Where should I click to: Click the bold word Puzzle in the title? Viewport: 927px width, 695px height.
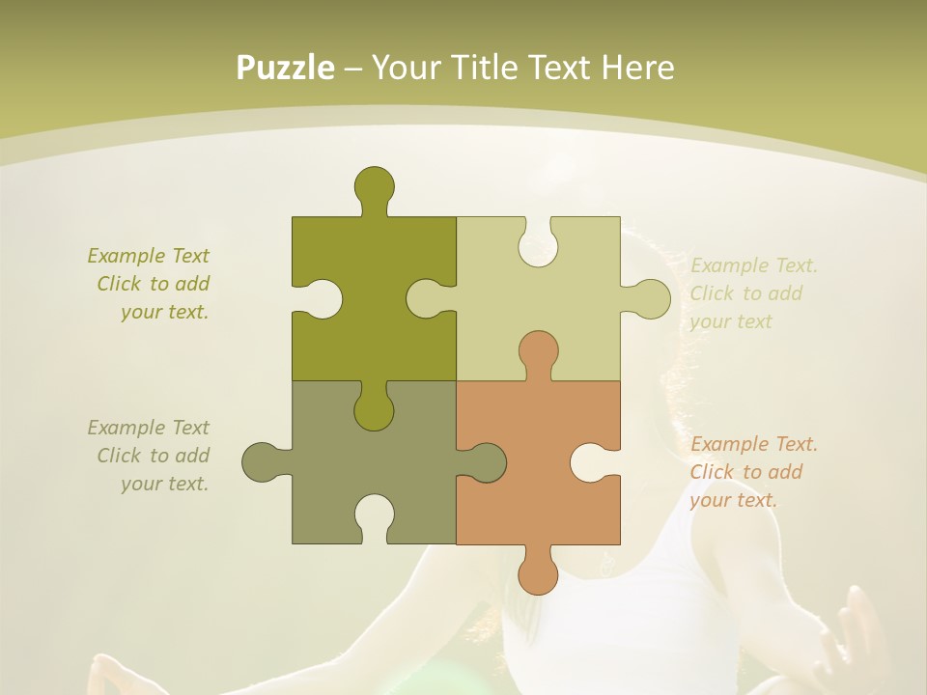(286, 68)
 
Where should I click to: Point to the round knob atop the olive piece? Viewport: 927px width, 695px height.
(374, 185)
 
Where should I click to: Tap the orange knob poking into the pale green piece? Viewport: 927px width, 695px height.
(538, 351)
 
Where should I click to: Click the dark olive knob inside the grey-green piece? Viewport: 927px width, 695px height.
(374, 409)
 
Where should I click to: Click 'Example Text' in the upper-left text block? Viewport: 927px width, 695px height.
(148, 256)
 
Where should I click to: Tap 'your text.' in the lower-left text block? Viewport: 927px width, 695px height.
(164, 484)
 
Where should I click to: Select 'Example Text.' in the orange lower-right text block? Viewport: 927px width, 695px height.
(753, 444)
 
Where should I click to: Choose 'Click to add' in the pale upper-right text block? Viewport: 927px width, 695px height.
(745, 293)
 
